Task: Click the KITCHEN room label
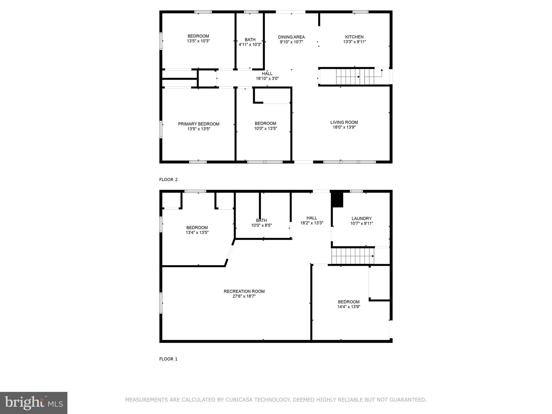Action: pyautogui.click(x=354, y=37)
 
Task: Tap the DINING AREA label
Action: pyautogui.click(x=291, y=37)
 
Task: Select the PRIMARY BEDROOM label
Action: pyautogui.click(x=199, y=124)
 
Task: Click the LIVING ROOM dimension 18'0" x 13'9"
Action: pyautogui.click(x=344, y=127)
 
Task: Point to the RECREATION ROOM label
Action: pyautogui.click(x=244, y=291)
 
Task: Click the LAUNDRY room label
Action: pyautogui.click(x=361, y=219)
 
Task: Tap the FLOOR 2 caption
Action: pyautogui.click(x=168, y=180)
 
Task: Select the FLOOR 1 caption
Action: pyautogui.click(x=168, y=359)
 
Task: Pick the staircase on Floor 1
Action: pyautogui.click(x=352, y=256)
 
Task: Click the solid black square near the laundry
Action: pyautogui.click(x=337, y=200)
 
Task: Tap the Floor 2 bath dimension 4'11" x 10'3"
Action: pyautogui.click(x=250, y=44)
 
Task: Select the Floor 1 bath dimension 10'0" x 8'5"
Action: pyautogui.click(x=261, y=225)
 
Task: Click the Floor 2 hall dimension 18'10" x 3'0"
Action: pyautogui.click(x=267, y=79)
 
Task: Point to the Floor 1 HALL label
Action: pyautogui.click(x=312, y=218)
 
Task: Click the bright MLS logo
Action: pyautogui.click(x=34, y=403)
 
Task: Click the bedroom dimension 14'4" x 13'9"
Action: pyautogui.click(x=349, y=307)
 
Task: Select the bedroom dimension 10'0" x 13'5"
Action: pyautogui.click(x=265, y=129)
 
